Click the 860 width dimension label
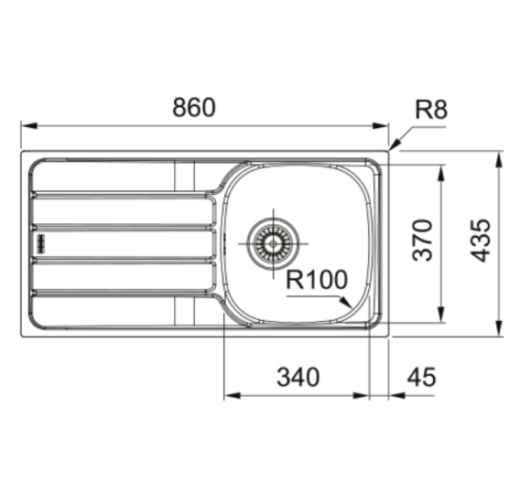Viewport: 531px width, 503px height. (x=194, y=107)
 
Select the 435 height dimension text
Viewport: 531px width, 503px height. (x=481, y=241)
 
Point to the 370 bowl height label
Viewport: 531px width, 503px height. (x=422, y=241)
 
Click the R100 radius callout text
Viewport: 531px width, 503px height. (x=317, y=280)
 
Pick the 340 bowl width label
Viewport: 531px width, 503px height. (x=298, y=377)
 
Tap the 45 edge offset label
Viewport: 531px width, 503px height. (x=421, y=377)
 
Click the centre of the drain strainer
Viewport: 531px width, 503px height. (x=274, y=243)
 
